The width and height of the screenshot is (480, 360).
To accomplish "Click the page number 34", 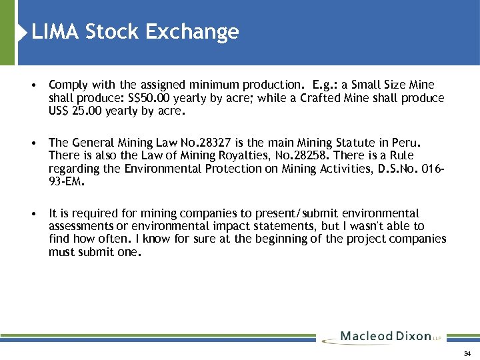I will point(467,353).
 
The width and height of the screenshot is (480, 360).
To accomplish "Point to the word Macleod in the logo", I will point(367,337).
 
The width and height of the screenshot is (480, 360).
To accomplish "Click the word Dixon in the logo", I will point(414,337).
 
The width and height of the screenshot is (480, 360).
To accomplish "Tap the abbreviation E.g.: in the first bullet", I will point(326,85).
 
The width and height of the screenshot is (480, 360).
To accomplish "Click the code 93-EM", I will point(65,181).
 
